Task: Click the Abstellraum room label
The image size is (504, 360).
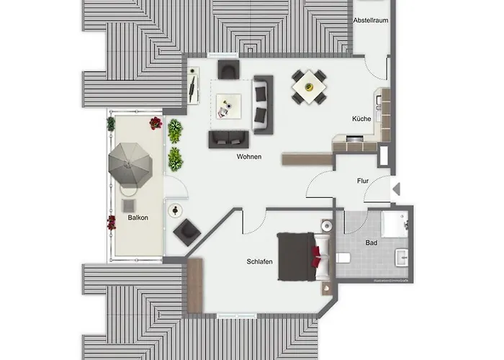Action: (371, 21)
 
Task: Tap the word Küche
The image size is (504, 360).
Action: (361, 119)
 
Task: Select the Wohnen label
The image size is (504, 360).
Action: (248, 157)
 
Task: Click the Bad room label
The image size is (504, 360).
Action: (372, 243)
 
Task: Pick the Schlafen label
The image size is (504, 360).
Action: (258, 261)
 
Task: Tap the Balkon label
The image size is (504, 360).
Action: (138, 218)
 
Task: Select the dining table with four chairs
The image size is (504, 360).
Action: (309, 86)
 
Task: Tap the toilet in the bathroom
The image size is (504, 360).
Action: (343, 258)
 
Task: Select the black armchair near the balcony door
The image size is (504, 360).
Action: (187, 230)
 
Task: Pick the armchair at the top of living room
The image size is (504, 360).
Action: (228, 70)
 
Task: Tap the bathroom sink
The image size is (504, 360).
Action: (400, 256)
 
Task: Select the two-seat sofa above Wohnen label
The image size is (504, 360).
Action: (229, 138)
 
